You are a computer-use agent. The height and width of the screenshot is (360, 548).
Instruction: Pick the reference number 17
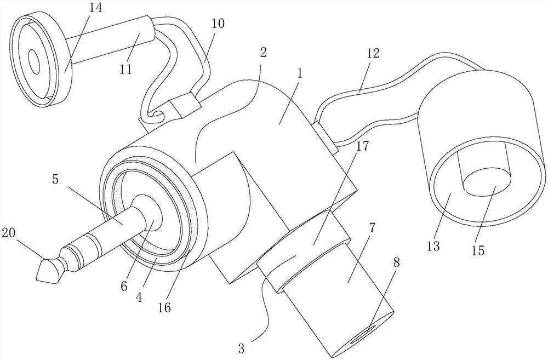pos(361,146)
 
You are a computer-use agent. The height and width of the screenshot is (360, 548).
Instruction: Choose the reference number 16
pos(165,308)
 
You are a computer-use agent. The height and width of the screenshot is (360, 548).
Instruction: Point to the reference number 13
pos(433,245)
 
